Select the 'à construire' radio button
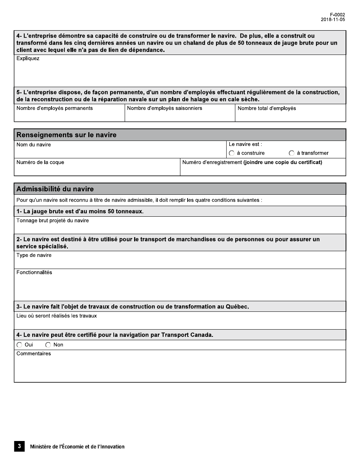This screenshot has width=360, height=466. [232, 153]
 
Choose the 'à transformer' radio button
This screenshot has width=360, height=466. [291, 153]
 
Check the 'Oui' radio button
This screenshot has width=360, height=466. [19, 345]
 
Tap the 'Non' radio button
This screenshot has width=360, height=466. [48, 345]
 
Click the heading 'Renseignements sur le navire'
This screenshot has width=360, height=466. [66, 135]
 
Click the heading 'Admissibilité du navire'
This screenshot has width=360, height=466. [55, 189]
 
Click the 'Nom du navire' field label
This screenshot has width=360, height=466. [34, 145]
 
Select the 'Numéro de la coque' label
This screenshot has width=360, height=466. [40, 163]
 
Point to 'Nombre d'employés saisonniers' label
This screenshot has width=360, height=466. [164, 108]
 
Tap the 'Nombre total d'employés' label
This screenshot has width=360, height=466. [267, 108]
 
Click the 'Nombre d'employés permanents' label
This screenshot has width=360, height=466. [55, 108]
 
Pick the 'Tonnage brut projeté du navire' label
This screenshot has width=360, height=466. [53, 220]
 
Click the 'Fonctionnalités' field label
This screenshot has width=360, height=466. [34, 272]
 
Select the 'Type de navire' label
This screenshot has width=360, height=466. [34, 255]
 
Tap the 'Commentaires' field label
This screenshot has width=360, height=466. [33, 354]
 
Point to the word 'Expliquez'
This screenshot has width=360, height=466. [28, 59]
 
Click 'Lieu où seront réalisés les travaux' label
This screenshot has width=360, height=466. [56, 316]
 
